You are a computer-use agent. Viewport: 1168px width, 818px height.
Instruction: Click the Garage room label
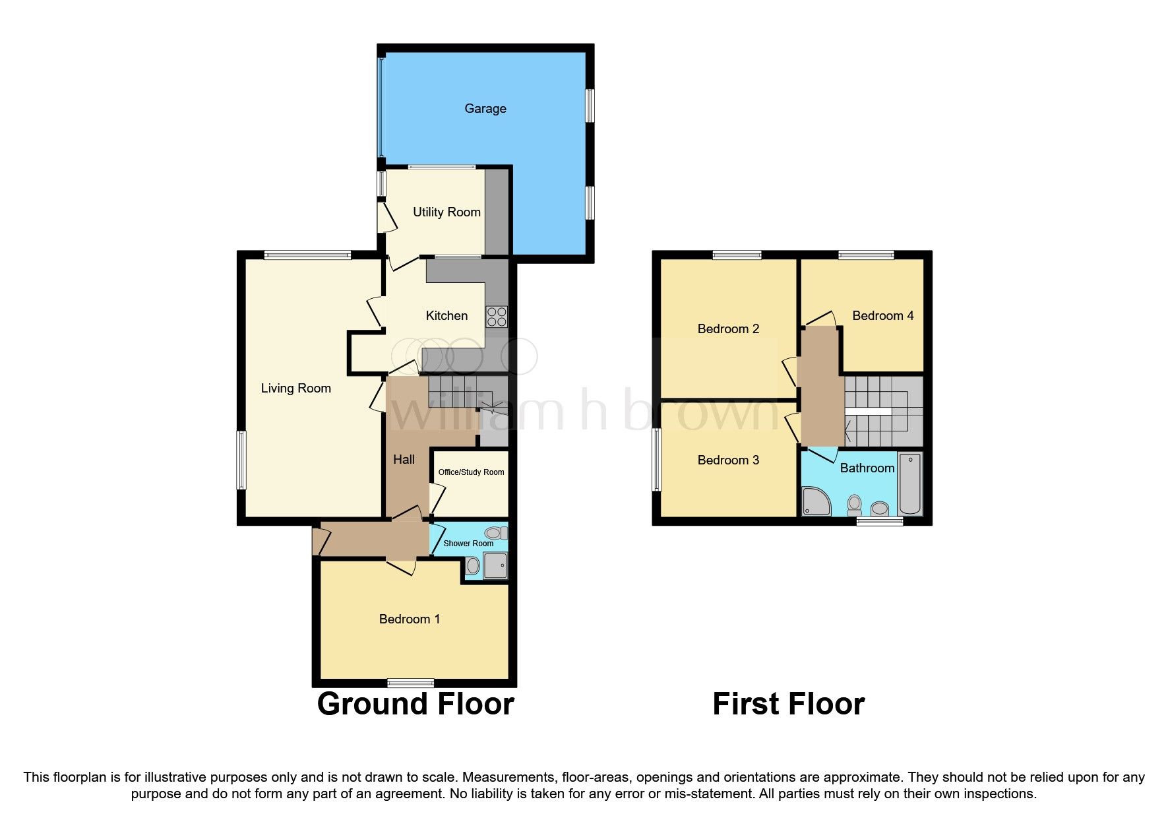click(x=485, y=108)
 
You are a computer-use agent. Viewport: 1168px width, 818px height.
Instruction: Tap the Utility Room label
click(x=446, y=212)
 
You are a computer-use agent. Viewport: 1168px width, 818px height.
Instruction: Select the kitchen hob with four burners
click(x=497, y=317)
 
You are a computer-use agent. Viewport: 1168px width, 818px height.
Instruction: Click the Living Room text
click(x=295, y=388)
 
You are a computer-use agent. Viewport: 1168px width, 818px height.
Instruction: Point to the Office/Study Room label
click(x=471, y=472)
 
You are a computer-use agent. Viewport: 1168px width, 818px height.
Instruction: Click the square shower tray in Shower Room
click(x=495, y=566)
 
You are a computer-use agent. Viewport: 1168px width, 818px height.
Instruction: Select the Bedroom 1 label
click(x=409, y=619)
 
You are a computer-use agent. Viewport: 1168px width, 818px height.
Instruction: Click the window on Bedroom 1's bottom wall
click(x=410, y=683)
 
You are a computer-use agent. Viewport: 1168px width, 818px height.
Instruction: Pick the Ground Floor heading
click(x=415, y=704)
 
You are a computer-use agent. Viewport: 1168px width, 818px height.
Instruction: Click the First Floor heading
click(x=788, y=704)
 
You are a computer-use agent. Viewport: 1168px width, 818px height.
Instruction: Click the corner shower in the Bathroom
click(x=816, y=501)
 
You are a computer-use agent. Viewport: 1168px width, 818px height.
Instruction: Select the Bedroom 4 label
click(x=882, y=315)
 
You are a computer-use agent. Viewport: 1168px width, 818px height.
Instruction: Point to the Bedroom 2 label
click(x=728, y=329)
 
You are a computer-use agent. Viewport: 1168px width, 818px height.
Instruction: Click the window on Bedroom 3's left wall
click(x=656, y=460)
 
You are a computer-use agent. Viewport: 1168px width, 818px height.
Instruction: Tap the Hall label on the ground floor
click(x=404, y=459)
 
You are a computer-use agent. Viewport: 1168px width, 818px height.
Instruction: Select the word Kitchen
click(x=446, y=315)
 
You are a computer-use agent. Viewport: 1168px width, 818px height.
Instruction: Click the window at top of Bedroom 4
click(x=866, y=255)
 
